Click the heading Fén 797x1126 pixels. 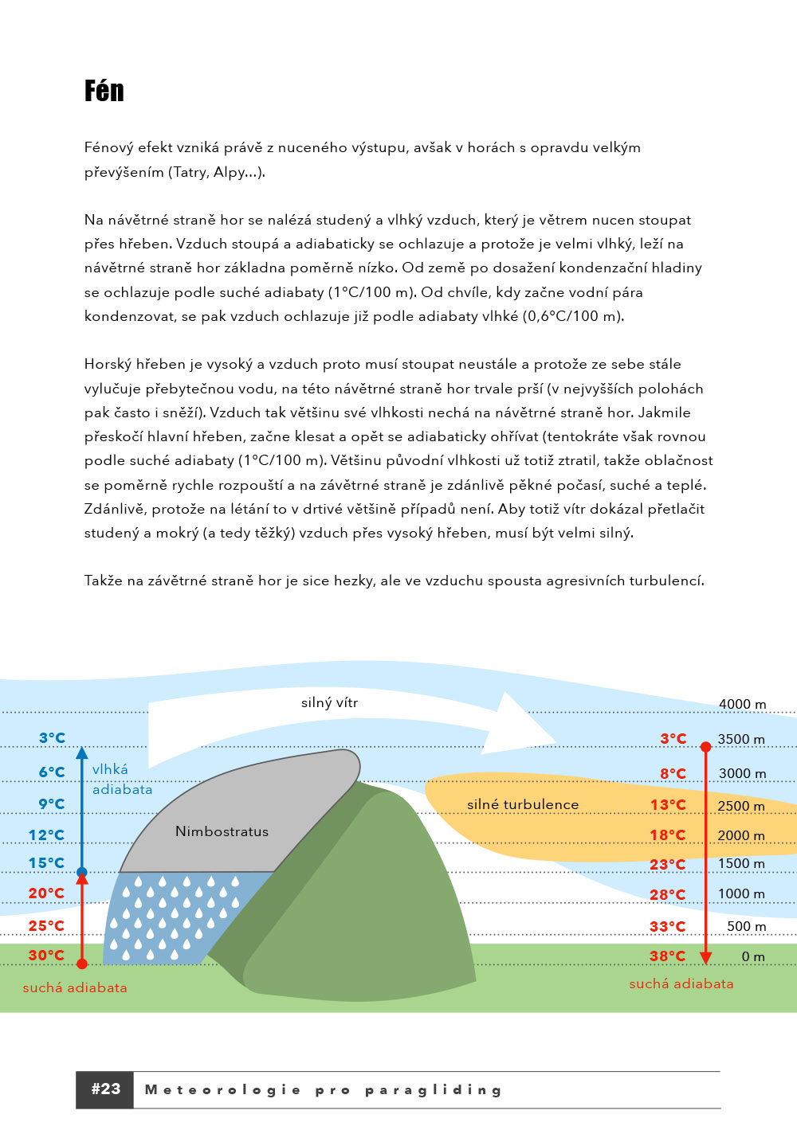click(104, 91)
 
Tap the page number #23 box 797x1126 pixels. click(105, 1089)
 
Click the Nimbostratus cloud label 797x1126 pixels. click(222, 831)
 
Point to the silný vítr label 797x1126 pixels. click(329, 702)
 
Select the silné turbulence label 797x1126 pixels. click(523, 804)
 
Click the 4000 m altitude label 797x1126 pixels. click(742, 704)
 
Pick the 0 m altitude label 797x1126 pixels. click(752, 956)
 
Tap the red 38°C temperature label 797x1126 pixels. click(667, 956)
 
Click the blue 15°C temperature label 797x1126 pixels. click(46, 862)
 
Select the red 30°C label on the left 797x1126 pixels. click(46, 955)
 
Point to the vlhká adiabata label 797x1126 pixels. click(121, 779)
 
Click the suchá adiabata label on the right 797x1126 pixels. click(681, 983)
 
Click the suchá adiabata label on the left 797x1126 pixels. click(75, 987)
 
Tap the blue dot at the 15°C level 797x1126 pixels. click(82, 872)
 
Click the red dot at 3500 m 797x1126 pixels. click(705, 747)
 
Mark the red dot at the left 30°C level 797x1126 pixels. click(82, 964)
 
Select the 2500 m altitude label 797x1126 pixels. click(740, 806)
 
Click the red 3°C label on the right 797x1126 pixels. click(673, 738)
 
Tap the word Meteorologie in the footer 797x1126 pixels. click(223, 1089)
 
